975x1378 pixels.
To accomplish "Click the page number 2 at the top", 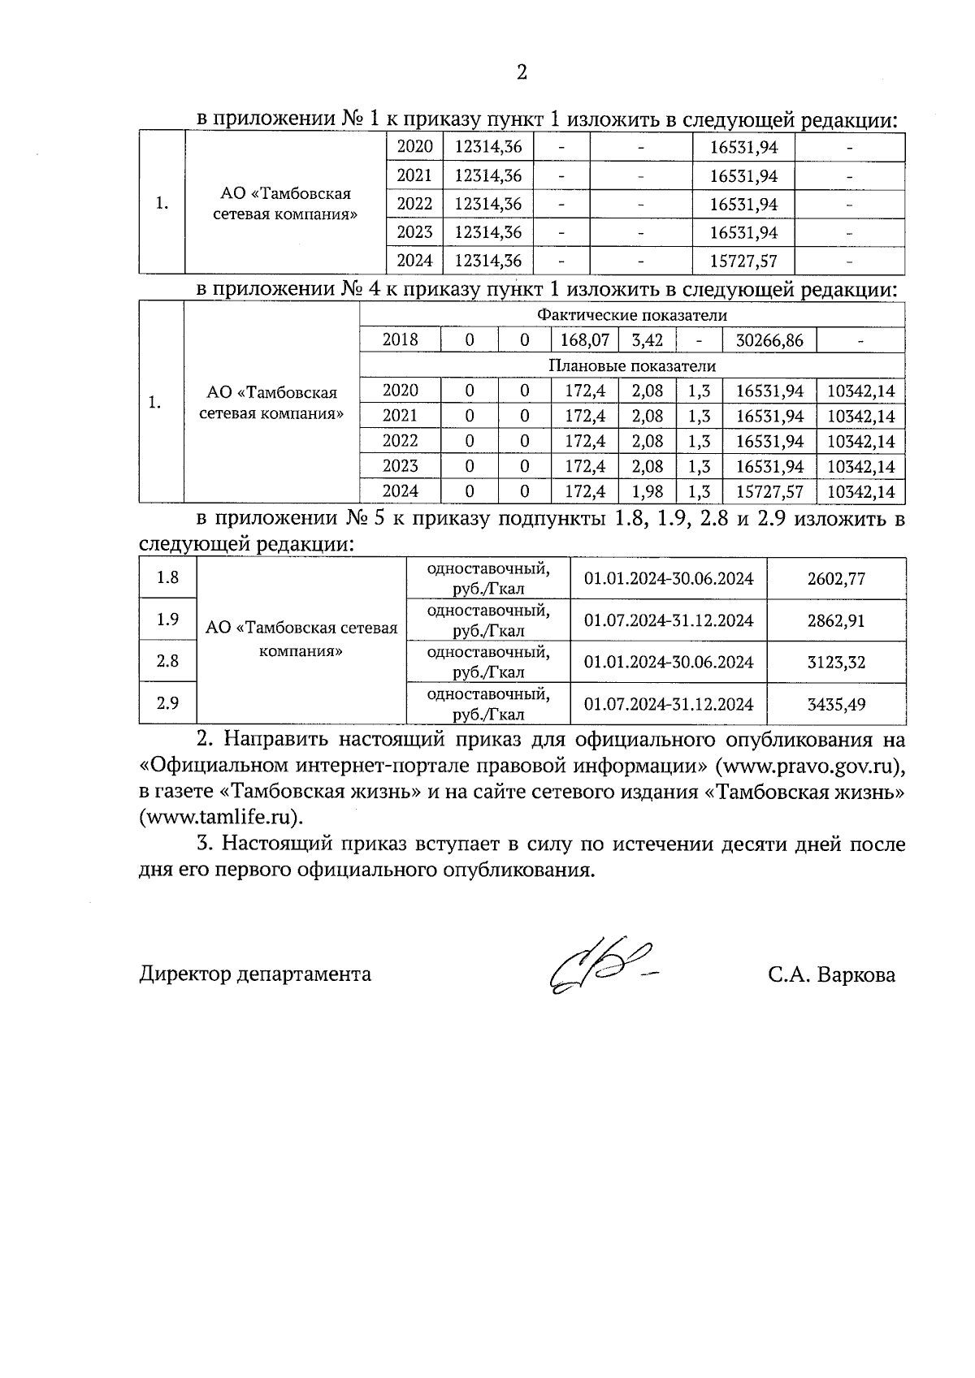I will pyautogui.click(x=522, y=73).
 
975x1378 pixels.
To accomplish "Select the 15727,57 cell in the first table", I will pyautogui.click(x=743, y=261).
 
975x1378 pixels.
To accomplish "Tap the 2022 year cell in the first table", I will pyautogui.click(x=414, y=204).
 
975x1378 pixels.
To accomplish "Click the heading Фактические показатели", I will pyautogui.click(x=631, y=316).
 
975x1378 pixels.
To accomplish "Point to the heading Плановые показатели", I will pyautogui.click(x=631, y=365).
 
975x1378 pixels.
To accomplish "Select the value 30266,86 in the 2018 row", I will pyautogui.click(x=769, y=340).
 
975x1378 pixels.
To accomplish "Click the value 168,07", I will pyautogui.click(x=584, y=340).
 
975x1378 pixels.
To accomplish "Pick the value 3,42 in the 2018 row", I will pyautogui.click(x=647, y=340).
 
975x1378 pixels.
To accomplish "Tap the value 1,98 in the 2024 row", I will pyautogui.click(x=647, y=491).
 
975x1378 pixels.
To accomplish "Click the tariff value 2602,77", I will pyautogui.click(x=836, y=579).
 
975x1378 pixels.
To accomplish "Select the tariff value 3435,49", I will pyautogui.click(x=836, y=704).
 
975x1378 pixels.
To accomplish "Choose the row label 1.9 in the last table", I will pyautogui.click(x=167, y=620).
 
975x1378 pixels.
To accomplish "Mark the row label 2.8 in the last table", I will pyautogui.click(x=167, y=661).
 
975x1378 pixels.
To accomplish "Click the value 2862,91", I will pyautogui.click(x=836, y=621).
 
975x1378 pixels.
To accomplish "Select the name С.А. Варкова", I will pyautogui.click(x=831, y=974).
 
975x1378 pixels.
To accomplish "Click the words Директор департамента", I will pyautogui.click(x=255, y=974).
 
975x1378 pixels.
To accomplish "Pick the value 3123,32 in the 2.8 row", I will pyautogui.click(x=836, y=663).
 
